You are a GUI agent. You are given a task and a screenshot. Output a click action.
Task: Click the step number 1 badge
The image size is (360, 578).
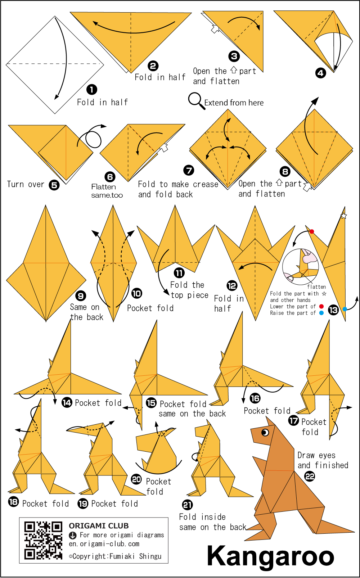point(91,90)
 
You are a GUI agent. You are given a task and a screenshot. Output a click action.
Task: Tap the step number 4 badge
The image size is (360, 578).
point(320,73)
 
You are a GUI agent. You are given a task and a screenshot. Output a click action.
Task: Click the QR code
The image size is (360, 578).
point(43,540)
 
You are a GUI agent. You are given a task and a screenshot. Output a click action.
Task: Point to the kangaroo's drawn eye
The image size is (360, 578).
point(265,433)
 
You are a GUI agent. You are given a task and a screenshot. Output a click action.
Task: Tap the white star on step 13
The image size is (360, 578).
point(343,216)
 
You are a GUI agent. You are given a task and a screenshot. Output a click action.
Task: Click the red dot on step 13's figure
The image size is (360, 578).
point(312,231)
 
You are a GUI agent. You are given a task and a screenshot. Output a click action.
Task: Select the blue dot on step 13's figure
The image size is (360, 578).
point(345,309)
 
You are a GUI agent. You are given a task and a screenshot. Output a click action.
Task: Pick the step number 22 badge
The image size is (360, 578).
point(310,476)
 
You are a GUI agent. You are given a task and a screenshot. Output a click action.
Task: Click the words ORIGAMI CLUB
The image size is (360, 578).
point(99,525)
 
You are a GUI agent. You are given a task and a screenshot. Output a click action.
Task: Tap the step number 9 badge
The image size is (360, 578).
point(81,296)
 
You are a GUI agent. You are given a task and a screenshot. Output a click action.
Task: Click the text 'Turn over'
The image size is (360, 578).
point(26,184)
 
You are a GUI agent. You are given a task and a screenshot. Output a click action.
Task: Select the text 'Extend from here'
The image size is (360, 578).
point(234,103)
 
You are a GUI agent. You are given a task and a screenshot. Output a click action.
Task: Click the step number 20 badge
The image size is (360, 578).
point(136,479)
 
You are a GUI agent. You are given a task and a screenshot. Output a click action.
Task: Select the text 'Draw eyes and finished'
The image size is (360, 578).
point(323,460)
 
